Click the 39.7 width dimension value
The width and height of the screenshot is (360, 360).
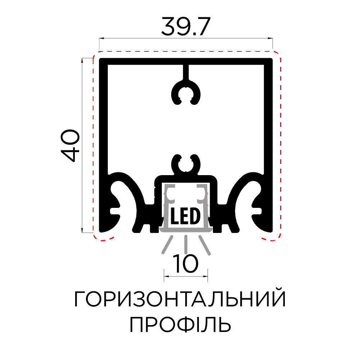(185, 26)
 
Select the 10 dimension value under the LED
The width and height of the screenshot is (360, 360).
(186, 263)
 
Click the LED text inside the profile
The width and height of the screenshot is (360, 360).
(185, 216)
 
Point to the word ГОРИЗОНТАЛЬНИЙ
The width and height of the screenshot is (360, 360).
(180, 300)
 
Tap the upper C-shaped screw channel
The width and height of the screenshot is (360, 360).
(186, 94)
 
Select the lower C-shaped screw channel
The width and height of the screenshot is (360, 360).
(186, 165)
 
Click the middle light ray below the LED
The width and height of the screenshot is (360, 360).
(186, 244)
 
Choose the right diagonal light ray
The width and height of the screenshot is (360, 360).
(204, 245)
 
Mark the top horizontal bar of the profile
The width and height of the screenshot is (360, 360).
(186, 61)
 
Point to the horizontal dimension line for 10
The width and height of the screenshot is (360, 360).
(186, 277)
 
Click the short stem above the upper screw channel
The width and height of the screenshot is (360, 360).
(186, 73)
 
